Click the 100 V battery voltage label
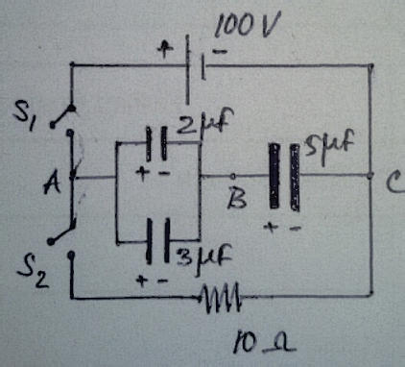[x=248, y=24]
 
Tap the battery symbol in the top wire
[x=195, y=69]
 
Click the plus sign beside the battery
[x=165, y=49]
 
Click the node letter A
[x=52, y=183]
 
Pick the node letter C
[x=395, y=182]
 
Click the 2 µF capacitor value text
[x=205, y=122]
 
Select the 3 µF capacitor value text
[x=203, y=258]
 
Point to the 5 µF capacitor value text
[x=329, y=146]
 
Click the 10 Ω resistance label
[x=265, y=344]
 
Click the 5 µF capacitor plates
[x=284, y=177]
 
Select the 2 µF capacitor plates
[x=156, y=143]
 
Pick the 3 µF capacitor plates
[x=157, y=241]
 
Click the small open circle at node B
[x=233, y=176]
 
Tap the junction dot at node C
[x=370, y=176]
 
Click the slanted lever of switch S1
[x=62, y=116]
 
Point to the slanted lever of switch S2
[x=61, y=232]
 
